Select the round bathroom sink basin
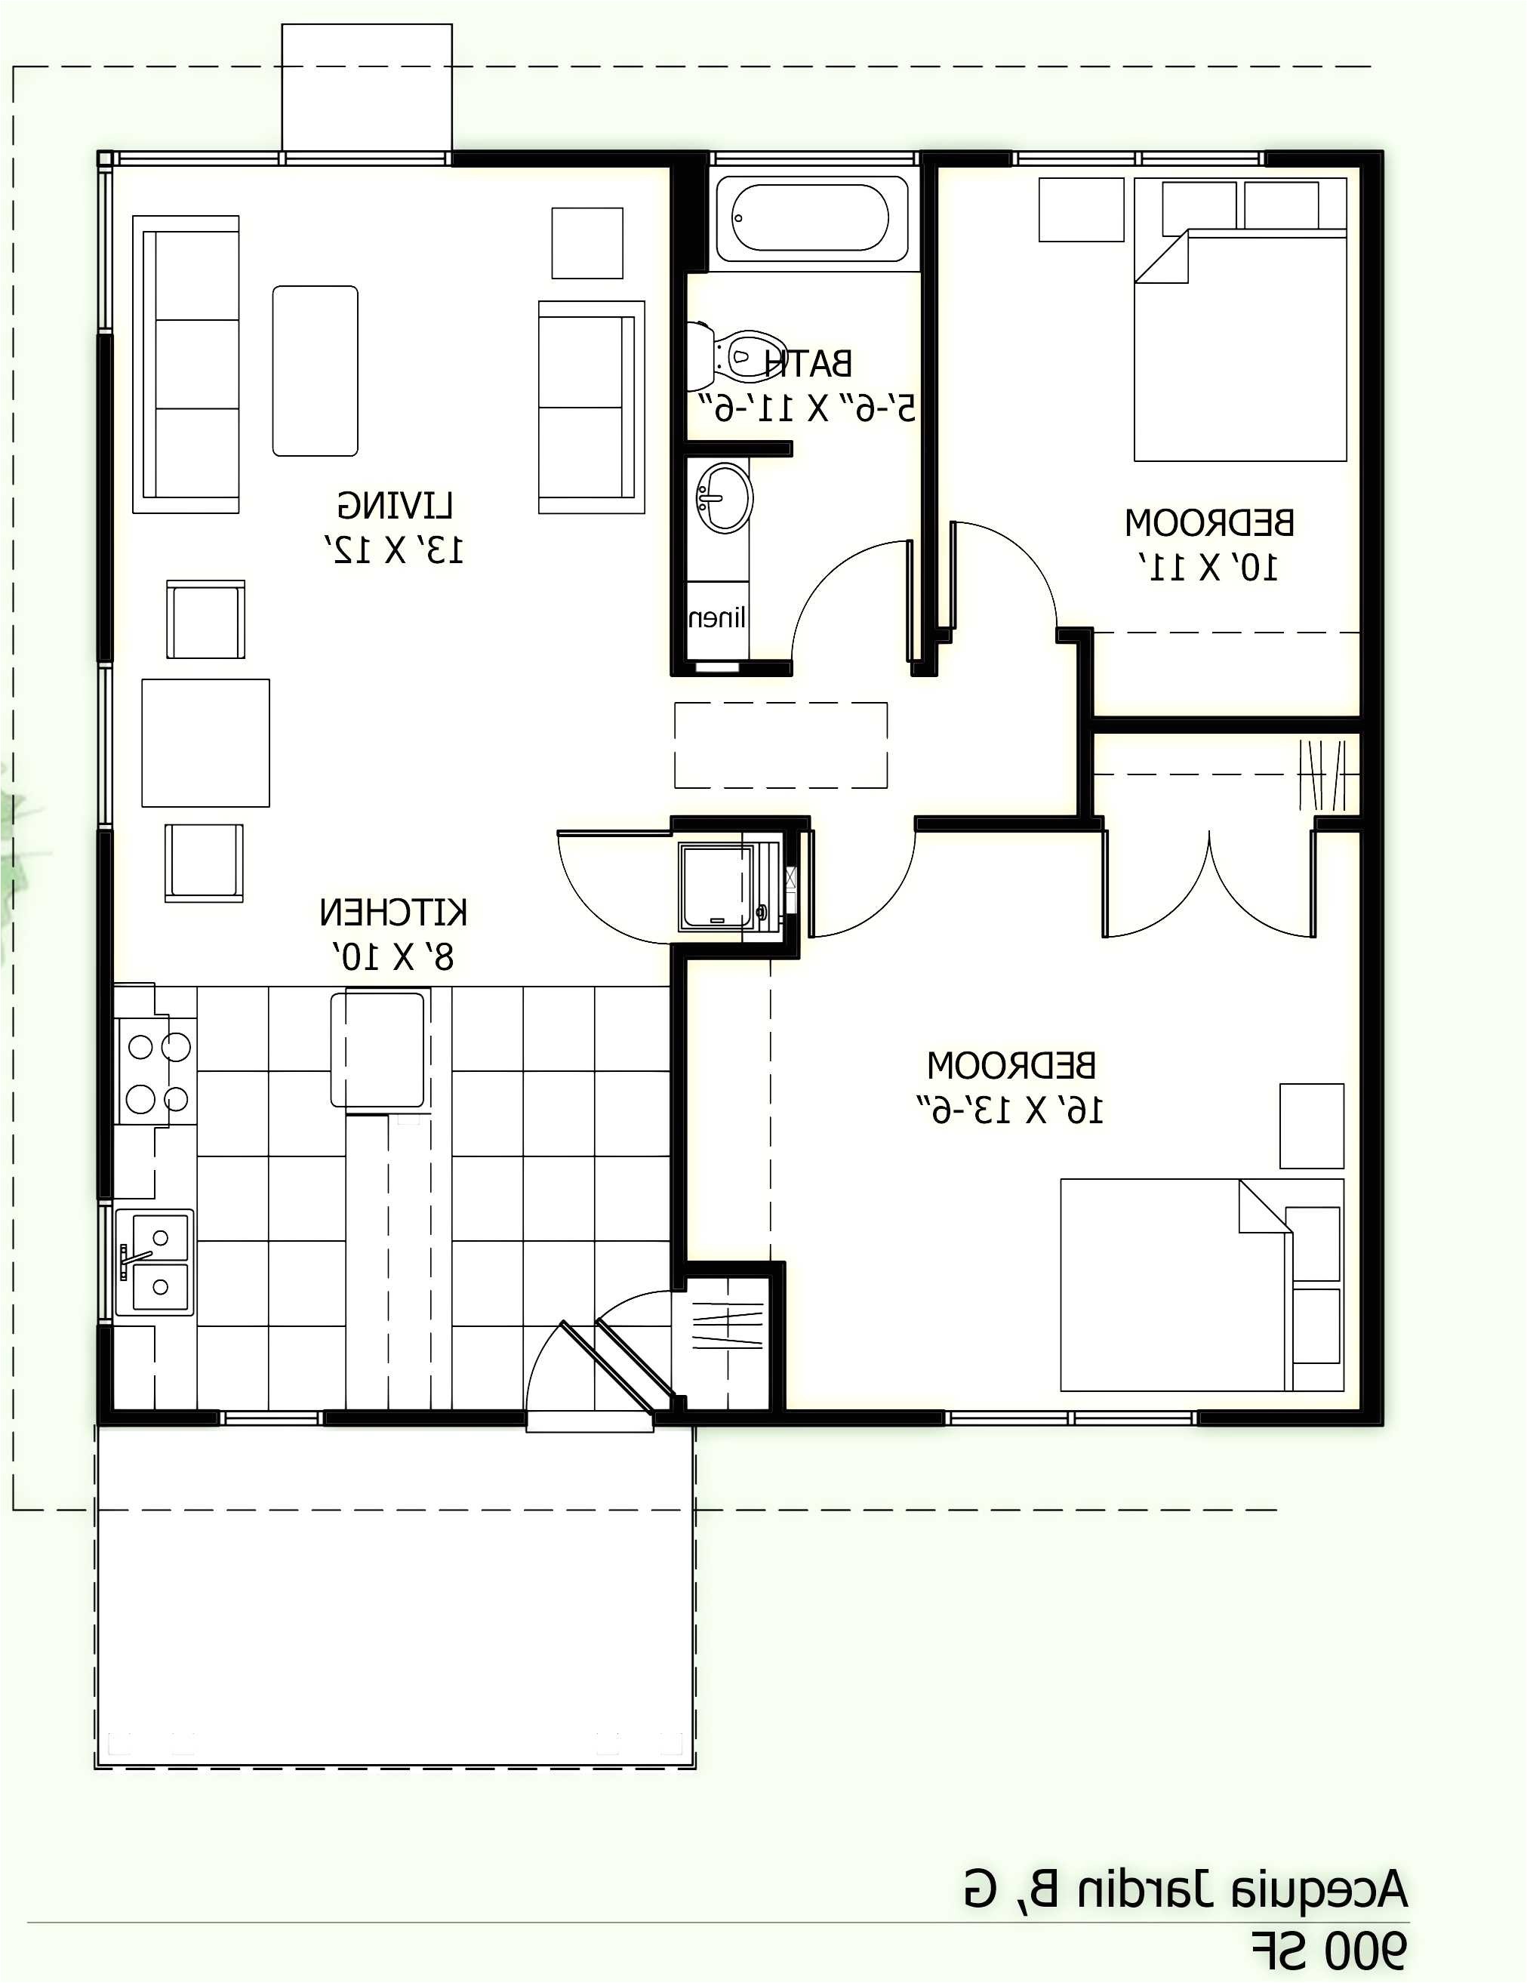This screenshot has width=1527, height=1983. [x=725, y=497]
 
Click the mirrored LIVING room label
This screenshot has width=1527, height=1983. [x=395, y=505]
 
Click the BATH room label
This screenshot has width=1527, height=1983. [x=808, y=364]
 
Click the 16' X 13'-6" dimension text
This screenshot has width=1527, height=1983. [x=1008, y=1110]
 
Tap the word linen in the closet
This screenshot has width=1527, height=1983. [x=717, y=618]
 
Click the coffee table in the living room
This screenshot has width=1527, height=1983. [x=315, y=371]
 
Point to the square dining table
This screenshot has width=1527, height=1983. [x=205, y=743]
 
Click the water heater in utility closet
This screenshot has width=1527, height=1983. [x=717, y=885]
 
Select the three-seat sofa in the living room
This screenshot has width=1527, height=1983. [x=187, y=364]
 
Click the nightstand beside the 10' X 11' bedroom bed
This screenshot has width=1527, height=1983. [x=1080, y=210]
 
